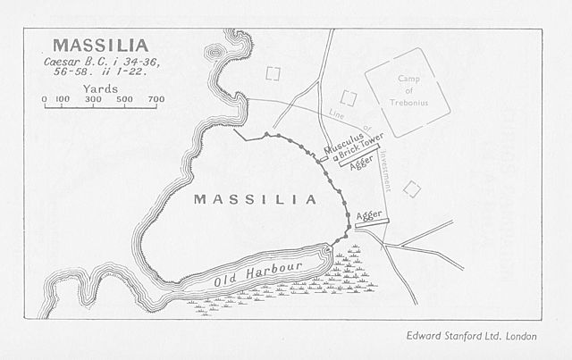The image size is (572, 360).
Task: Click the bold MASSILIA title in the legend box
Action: tap(100, 44)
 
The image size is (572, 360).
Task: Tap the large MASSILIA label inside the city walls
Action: tap(256, 199)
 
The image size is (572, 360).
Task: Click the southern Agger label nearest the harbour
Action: tap(369, 214)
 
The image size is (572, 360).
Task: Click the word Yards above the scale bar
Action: tap(99, 89)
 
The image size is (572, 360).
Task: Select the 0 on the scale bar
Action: tap(45, 99)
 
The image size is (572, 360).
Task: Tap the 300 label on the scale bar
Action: tap(93, 99)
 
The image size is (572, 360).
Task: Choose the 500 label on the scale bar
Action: tap(124, 99)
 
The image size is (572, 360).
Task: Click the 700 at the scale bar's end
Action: tap(156, 99)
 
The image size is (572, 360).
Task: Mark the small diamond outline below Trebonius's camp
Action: tap(412, 188)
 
